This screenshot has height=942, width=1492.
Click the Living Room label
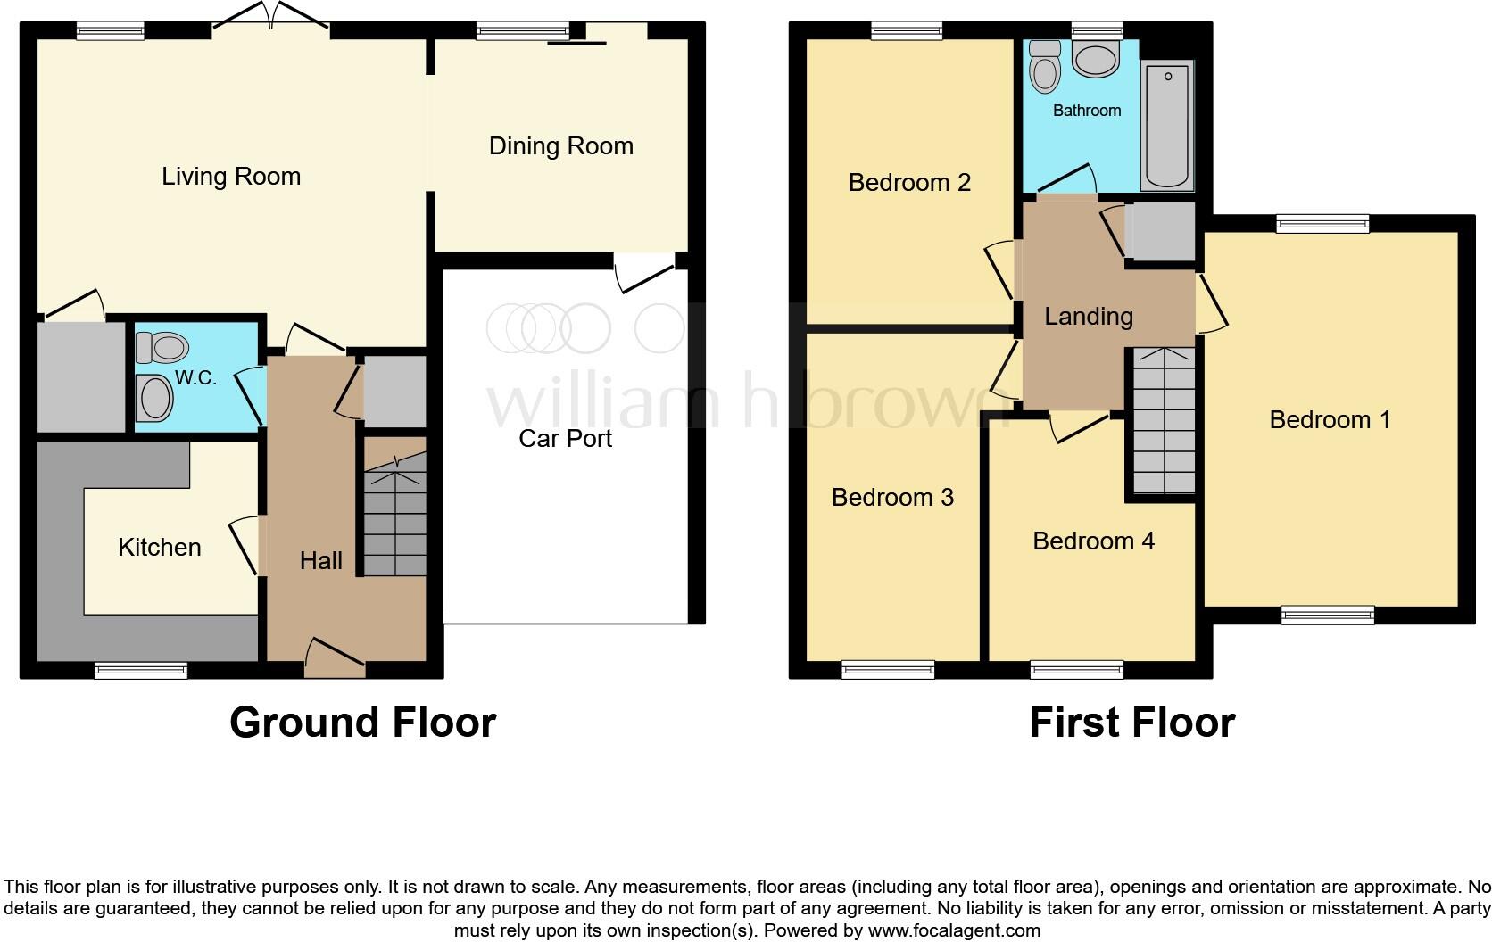[231, 177]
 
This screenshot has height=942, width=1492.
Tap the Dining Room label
[560, 146]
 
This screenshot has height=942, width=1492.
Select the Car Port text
[565, 438]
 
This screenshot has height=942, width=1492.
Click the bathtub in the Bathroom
[1166, 125]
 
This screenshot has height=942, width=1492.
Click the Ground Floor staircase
[394, 516]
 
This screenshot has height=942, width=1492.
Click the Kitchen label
[160, 547]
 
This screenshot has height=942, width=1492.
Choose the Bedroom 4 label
[1093, 541]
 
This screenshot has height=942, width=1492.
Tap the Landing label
[1089, 316]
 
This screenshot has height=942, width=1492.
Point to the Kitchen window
[141, 670]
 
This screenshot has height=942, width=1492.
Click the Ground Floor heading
[362, 722]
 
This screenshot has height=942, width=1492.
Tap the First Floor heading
[1131, 722]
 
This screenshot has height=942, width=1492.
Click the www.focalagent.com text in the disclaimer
[954, 930]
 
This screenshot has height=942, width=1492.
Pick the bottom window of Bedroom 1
[1328, 614]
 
